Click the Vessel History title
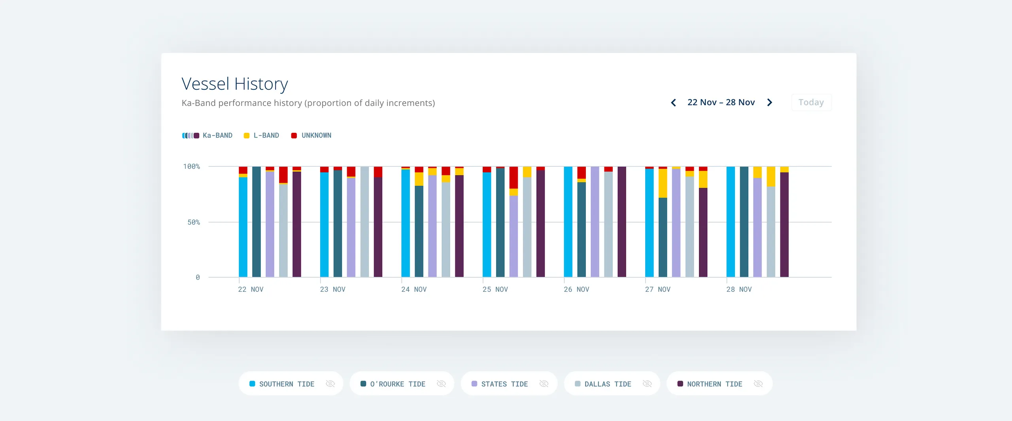234,84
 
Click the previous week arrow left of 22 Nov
673,103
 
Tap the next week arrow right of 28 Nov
769,103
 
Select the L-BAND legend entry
261,136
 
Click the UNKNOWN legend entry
311,136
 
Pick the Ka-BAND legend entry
207,136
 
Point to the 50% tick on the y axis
193,223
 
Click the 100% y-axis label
191,166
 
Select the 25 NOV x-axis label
495,289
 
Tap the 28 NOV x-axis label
738,289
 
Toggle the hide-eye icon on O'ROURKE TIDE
441,384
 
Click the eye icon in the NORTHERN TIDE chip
758,384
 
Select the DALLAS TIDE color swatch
578,384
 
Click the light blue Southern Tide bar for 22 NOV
243,227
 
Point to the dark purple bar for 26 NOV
621,221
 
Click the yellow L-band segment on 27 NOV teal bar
663,183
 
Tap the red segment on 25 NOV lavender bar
514,177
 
